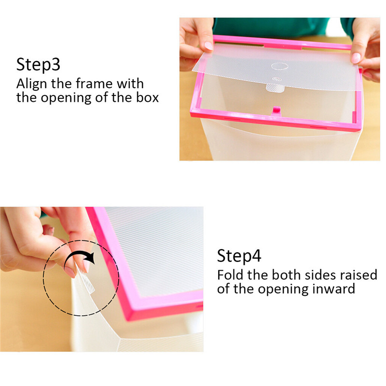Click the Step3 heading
coord(38,65)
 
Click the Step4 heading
coord(239,256)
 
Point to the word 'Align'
coord(31,84)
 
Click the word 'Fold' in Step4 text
coord(231,275)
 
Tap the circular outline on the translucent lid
coord(280,66)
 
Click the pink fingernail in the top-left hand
coord(209,46)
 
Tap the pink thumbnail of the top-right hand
coord(356,58)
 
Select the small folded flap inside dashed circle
coord(86,281)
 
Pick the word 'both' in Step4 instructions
coord(286,275)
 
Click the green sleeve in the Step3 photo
coord(271,27)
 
